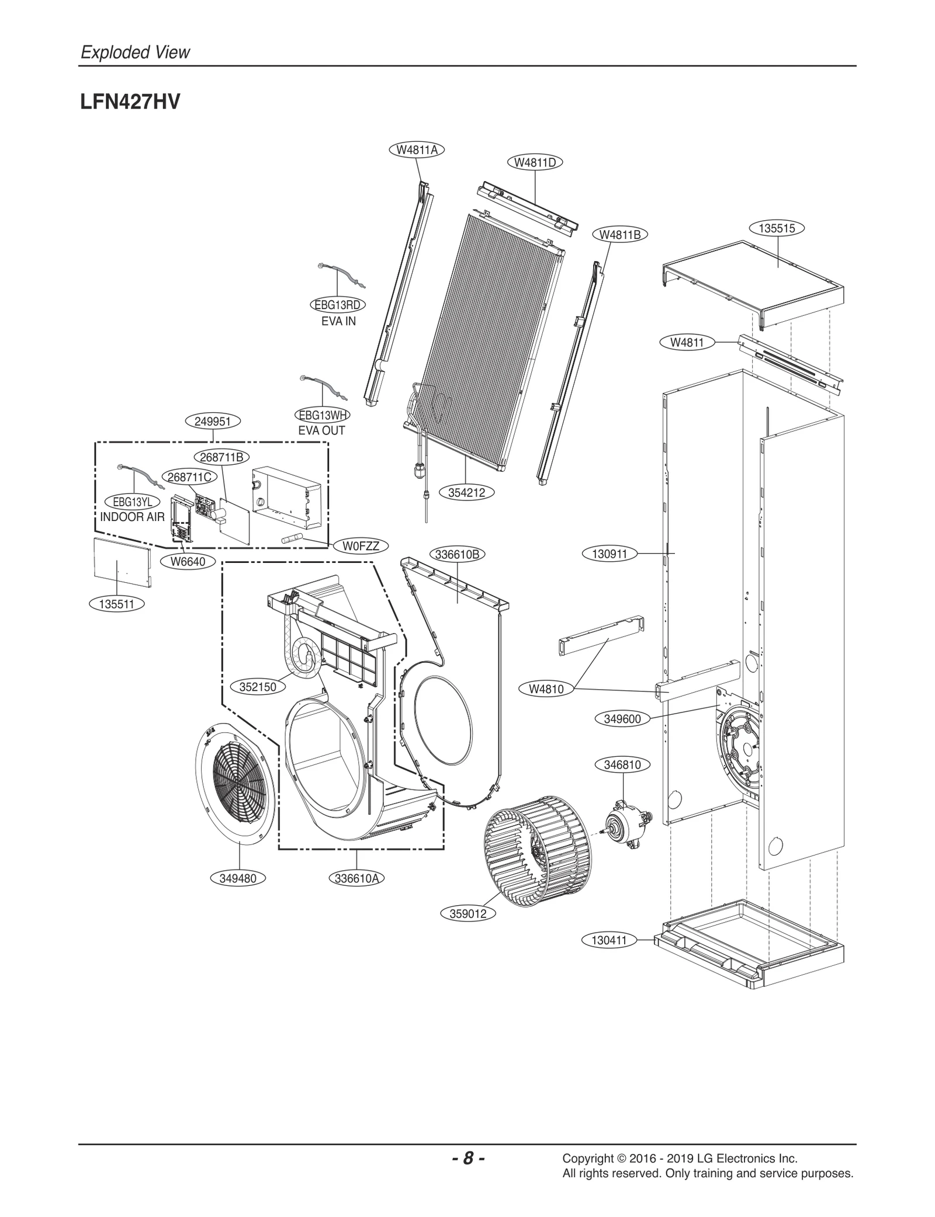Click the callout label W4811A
417,149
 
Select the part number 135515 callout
777,228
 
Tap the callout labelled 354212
466,492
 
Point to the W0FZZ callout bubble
361,546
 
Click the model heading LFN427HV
130,102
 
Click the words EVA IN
338,321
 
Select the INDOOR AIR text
132,517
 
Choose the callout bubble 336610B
458,554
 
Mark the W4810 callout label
546,689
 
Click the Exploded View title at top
135,52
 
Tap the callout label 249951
213,421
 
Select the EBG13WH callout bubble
322,415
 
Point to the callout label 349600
622,719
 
